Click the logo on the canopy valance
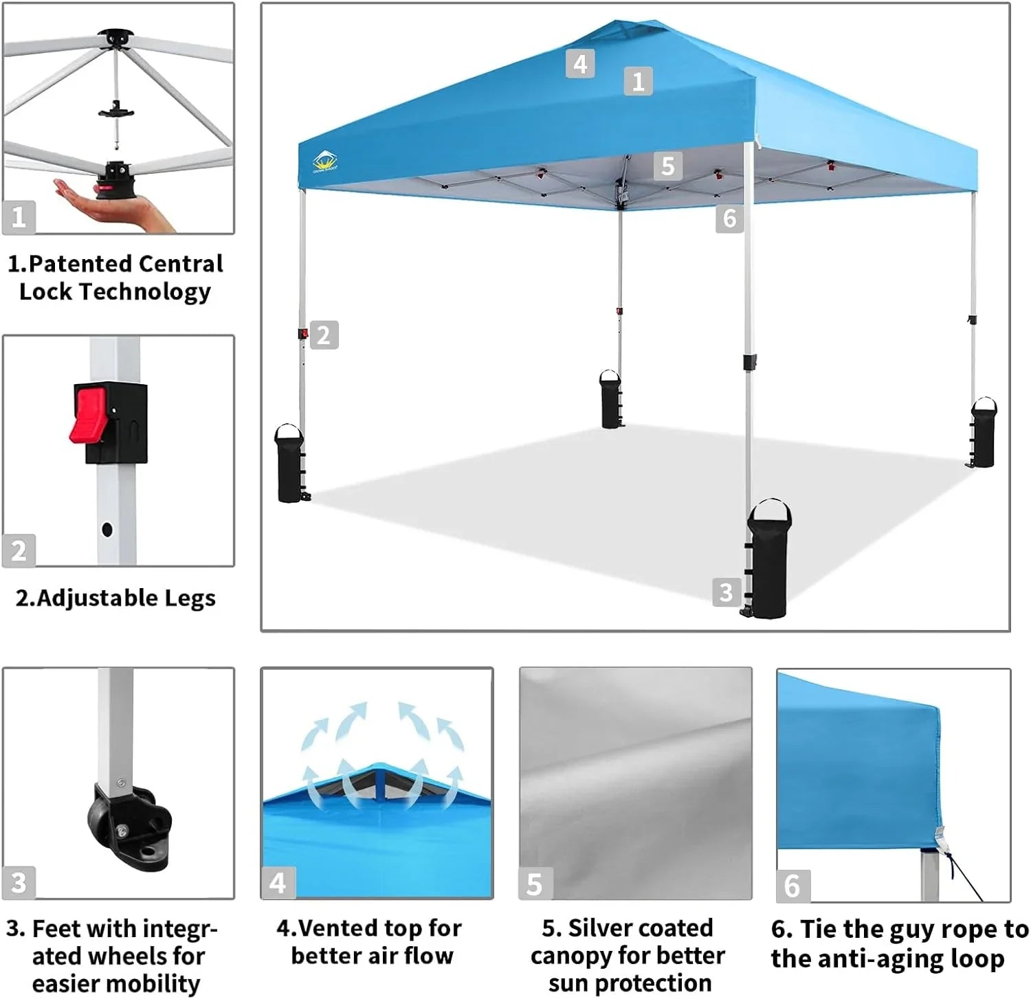[x=324, y=164]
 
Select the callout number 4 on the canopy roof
[x=580, y=64]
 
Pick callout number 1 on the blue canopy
[x=638, y=81]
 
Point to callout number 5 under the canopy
[x=667, y=166]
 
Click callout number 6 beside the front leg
[x=729, y=218]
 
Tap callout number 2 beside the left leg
[x=324, y=335]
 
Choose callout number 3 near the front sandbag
[x=727, y=592]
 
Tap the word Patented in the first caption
[x=80, y=264]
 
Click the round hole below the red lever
[x=107, y=529]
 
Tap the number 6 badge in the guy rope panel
[x=792, y=886]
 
